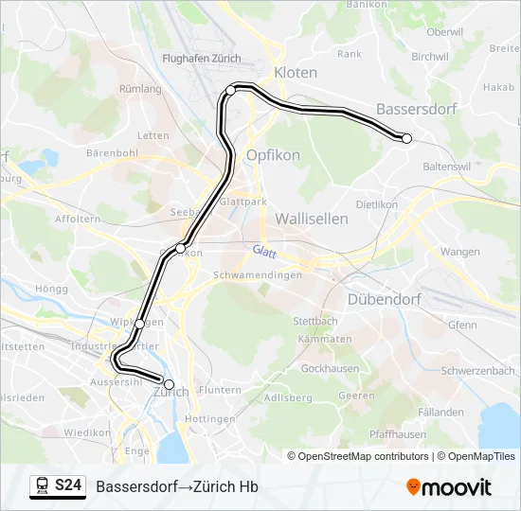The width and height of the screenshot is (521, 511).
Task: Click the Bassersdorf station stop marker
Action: [x=407, y=138]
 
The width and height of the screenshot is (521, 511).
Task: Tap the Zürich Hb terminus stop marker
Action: [x=170, y=384]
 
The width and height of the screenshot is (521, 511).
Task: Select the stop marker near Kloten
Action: [x=230, y=90]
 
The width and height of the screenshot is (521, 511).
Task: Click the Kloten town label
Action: [x=296, y=73]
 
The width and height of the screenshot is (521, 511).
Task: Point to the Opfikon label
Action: [x=273, y=155]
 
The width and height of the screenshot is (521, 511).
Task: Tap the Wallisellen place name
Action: [x=312, y=219]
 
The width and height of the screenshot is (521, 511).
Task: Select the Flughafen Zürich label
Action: [x=202, y=58]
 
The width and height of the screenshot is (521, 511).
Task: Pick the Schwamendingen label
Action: [x=258, y=274]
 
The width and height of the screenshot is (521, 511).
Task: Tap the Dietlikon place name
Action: [x=377, y=203]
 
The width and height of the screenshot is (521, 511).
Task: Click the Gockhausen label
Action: [x=329, y=367]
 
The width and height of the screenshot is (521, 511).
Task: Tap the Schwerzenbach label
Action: [x=476, y=371]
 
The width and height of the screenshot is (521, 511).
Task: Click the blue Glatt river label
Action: [x=264, y=250]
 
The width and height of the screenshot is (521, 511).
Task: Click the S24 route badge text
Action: [x=67, y=485]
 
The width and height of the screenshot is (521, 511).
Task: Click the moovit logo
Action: [x=449, y=487]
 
